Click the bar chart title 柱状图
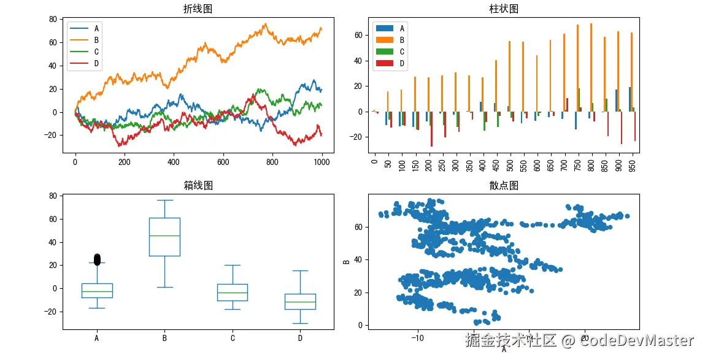503,9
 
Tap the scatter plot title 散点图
503,186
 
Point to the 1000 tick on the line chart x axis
322,163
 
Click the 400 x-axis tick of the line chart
174,163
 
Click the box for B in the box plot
164,237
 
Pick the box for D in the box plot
300,301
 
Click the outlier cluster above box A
97,259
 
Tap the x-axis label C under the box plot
233,338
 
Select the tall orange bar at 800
591,67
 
